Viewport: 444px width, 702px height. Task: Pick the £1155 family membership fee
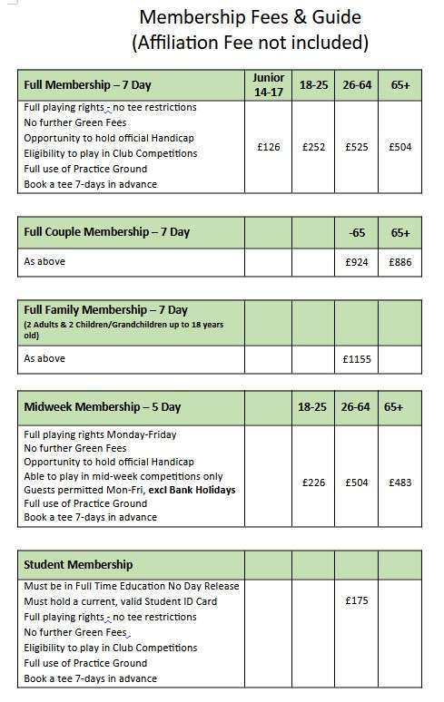coord(357,358)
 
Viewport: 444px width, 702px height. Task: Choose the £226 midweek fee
coord(313,483)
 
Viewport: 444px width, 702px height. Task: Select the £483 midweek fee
coord(400,483)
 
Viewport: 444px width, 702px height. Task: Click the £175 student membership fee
coord(357,600)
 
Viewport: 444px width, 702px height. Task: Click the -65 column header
coord(357,232)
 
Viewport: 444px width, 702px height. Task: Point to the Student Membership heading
coord(78,565)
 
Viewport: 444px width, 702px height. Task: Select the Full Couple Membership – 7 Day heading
coord(106,232)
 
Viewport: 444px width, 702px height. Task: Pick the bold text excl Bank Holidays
coord(188,490)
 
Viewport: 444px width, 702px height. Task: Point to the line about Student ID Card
coord(120,601)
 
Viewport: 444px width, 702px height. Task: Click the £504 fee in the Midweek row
coord(357,483)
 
